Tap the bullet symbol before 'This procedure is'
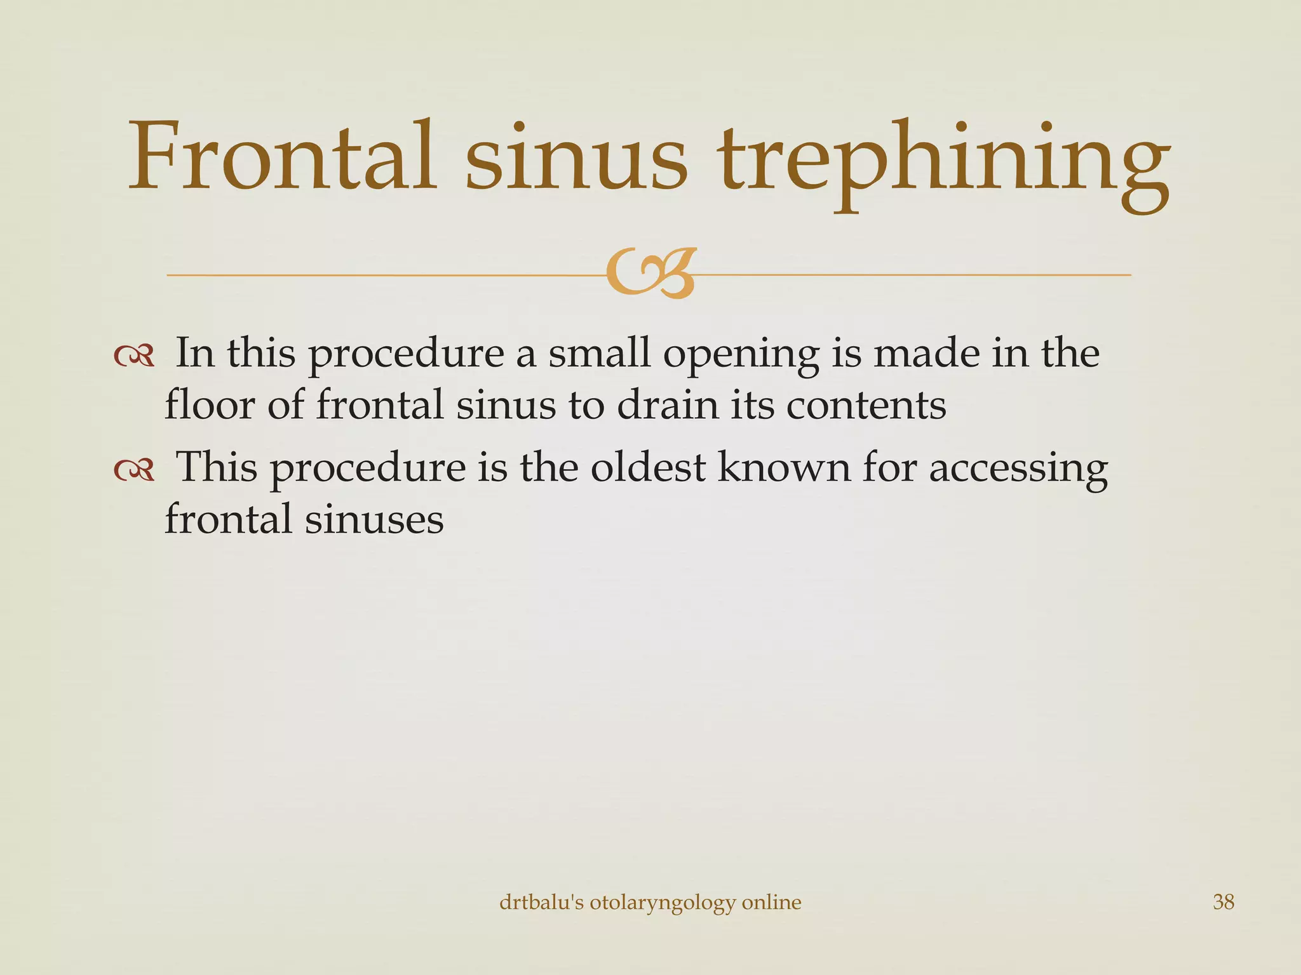point(134,470)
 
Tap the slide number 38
point(1223,902)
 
